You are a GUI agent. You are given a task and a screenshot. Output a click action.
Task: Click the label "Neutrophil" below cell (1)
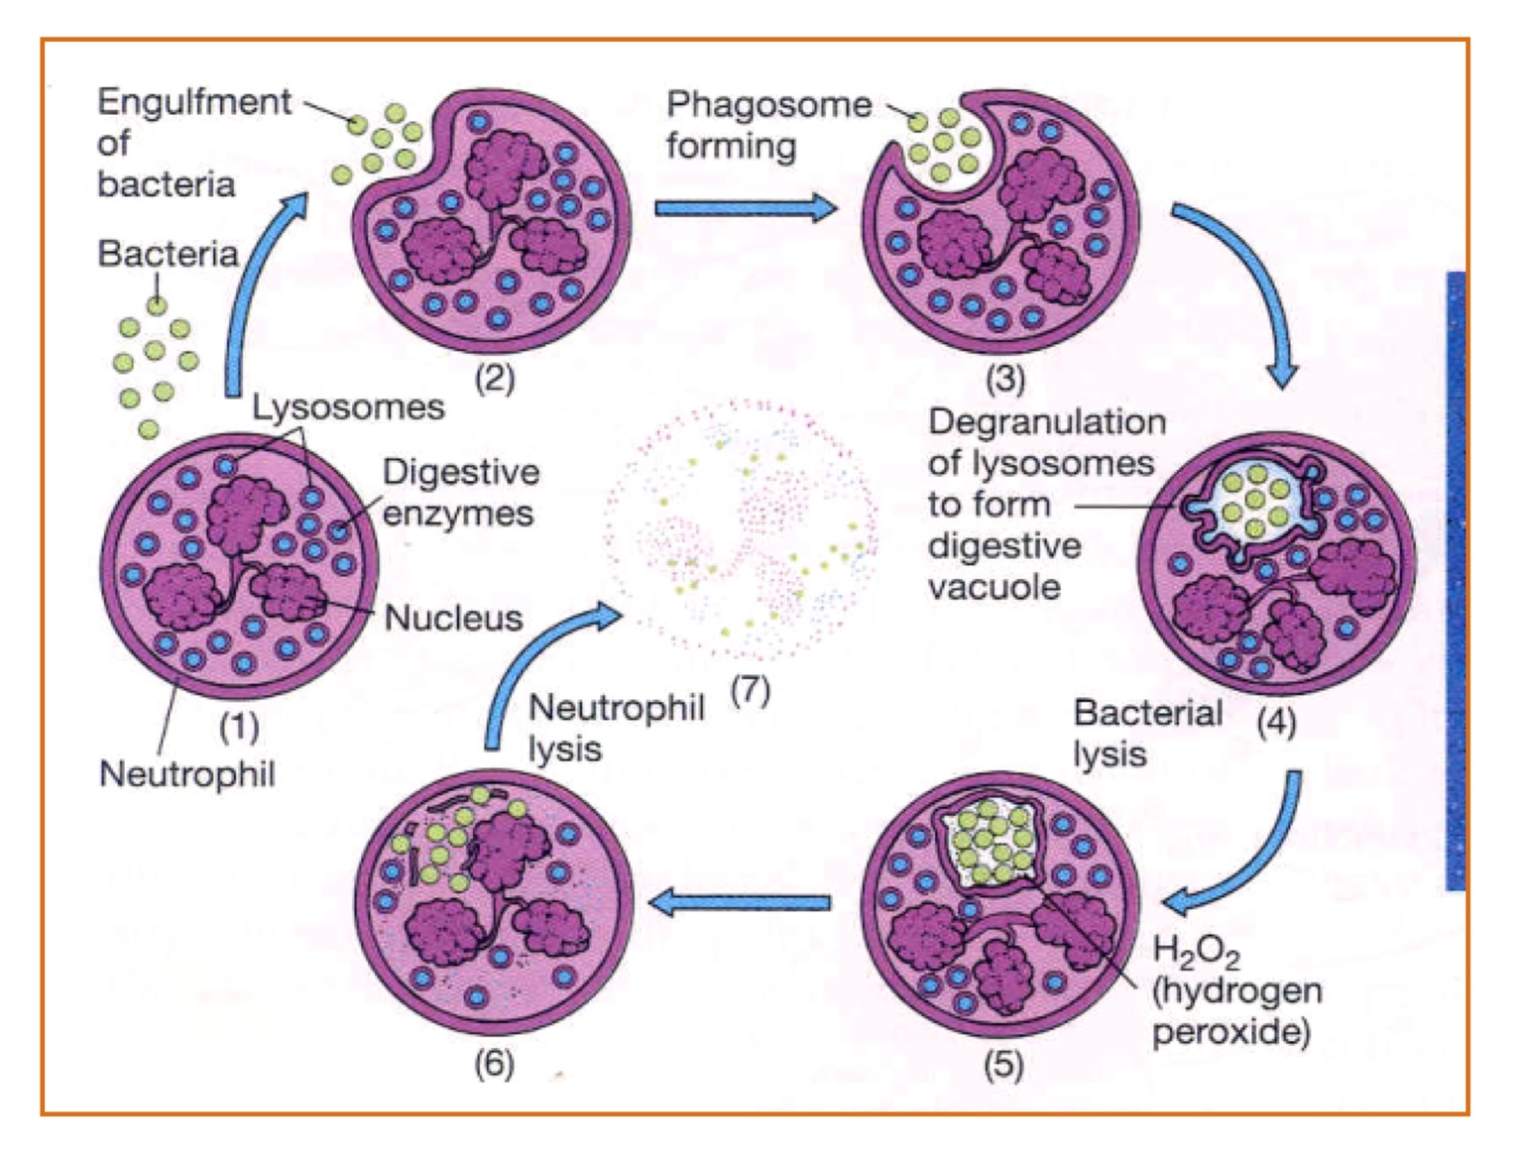click(186, 773)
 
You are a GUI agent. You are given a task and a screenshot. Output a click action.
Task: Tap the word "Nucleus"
click(453, 618)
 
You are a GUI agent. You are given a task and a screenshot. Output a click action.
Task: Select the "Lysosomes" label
click(347, 406)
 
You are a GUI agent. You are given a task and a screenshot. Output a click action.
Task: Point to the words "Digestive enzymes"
click(460, 493)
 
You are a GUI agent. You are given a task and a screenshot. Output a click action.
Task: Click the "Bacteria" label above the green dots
click(168, 254)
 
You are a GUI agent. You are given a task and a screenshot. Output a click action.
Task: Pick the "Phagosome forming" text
click(767, 125)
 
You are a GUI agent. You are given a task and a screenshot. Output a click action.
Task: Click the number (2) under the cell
click(494, 378)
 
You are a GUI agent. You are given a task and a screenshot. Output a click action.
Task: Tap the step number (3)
click(1004, 378)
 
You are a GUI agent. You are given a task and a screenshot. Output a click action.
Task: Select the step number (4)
click(1275, 722)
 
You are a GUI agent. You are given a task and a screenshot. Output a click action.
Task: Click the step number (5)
click(1003, 1065)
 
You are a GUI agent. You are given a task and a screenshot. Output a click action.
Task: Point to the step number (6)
click(494, 1064)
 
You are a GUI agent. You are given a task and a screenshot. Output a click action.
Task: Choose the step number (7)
click(750, 689)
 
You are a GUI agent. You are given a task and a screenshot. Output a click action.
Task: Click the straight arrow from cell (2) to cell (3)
click(745, 208)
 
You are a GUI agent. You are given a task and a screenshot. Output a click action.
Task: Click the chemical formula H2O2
click(1196, 952)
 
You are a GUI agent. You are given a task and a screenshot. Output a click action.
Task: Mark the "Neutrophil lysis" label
click(615, 728)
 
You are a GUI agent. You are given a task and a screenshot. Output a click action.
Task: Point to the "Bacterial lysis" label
click(1147, 733)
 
